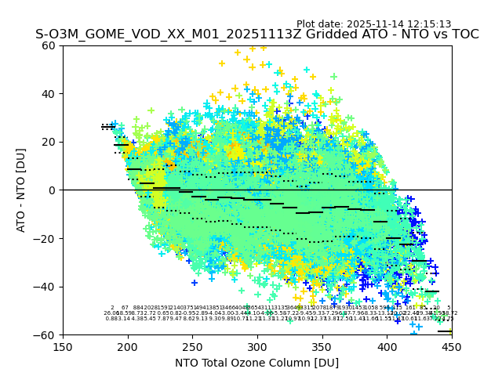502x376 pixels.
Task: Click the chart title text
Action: click(256, 34)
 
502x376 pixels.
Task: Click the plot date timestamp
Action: click(373, 24)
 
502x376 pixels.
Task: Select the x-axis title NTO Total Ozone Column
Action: click(256, 363)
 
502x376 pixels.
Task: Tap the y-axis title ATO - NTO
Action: click(22, 190)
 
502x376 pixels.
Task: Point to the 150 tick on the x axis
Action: click(63, 346)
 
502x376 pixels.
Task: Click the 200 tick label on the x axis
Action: click(128, 346)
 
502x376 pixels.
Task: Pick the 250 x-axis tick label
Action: click(192, 346)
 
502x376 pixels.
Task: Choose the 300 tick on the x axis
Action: click(257, 346)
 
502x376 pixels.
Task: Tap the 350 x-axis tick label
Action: click(322, 346)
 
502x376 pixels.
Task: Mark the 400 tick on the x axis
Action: click(387, 346)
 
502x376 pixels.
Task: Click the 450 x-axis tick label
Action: click(452, 346)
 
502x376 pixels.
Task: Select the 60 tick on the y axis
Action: click(49, 45)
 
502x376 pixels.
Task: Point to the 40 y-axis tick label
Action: click(49, 94)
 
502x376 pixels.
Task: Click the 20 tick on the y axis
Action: click(49, 142)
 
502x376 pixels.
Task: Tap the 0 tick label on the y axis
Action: click(53, 190)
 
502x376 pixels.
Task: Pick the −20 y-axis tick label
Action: click(45, 238)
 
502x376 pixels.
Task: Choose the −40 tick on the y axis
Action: click(45, 287)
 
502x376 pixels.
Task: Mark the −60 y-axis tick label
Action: click(45, 334)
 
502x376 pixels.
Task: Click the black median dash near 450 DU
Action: click(445, 331)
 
